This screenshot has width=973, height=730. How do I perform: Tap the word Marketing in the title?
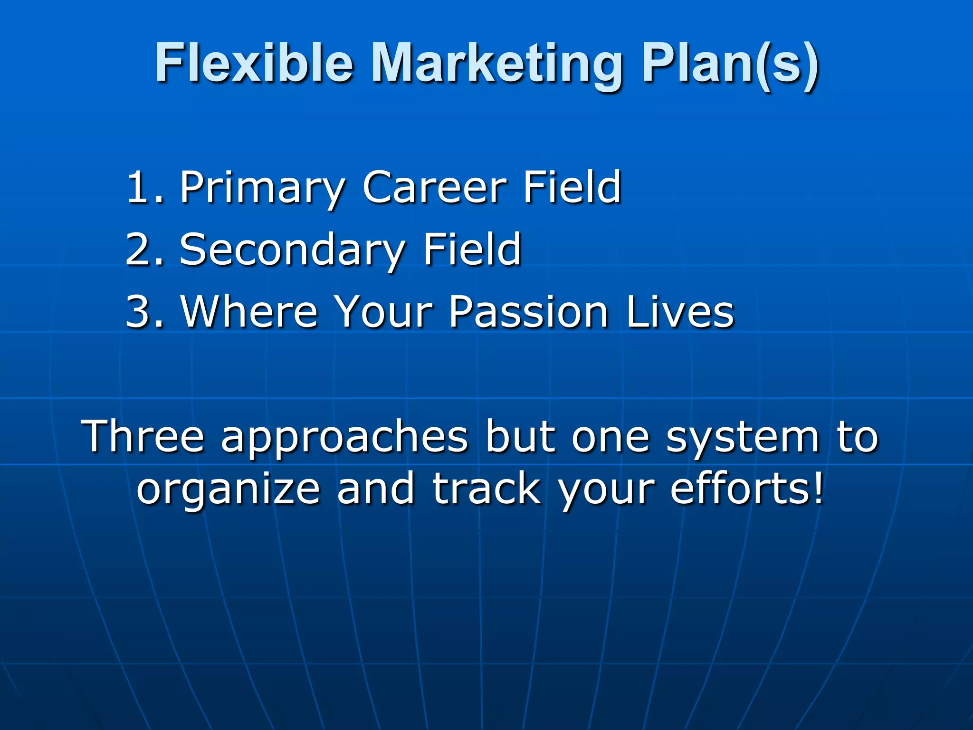(x=496, y=64)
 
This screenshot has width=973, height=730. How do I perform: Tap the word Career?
(x=434, y=187)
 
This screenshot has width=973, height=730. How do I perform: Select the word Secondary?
(x=292, y=250)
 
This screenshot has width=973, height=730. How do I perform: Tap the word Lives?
(x=680, y=312)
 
